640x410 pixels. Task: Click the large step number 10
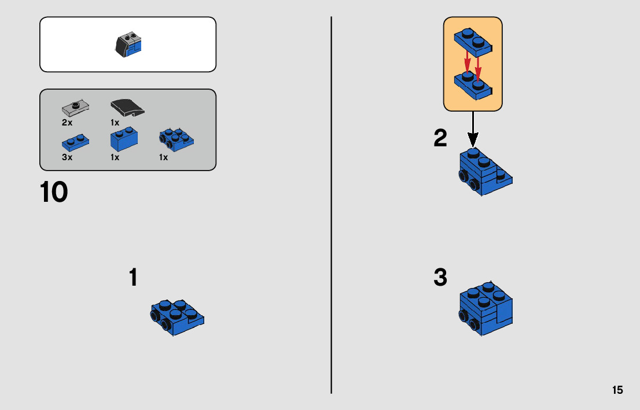(x=54, y=193)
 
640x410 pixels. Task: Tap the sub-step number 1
(x=133, y=278)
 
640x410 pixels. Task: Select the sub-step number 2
(x=440, y=138)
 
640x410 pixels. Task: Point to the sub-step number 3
(x=440, y=278)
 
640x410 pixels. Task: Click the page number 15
(x=617, y=390)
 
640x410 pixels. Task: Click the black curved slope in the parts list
(x=127, y=107)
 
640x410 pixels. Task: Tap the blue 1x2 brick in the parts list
(x=124, y=139)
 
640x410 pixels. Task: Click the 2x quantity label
(x=67, y=123)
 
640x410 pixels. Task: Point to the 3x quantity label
(x=67, y=157)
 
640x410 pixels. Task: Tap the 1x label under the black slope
(x=115, y=123)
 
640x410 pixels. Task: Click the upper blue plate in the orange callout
(x=473, y=39)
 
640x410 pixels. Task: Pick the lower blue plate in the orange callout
(x=473, y=84)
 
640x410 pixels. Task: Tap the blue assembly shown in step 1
(x=176, y=316)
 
